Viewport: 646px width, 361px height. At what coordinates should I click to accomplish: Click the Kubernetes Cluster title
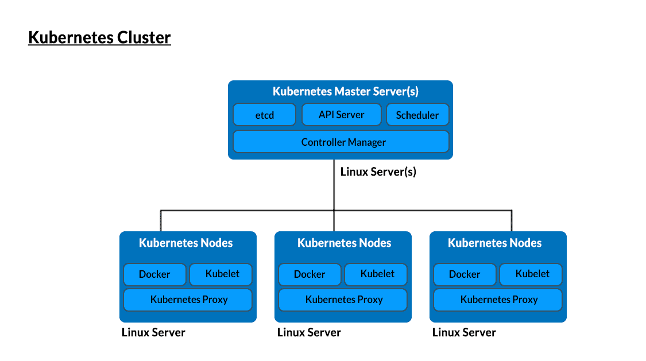coord(99,38)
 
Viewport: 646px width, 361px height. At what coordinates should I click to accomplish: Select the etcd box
coord(264,115)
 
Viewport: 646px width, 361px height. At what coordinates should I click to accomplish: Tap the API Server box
coord(341,115)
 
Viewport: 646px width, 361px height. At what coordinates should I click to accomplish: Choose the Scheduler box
coord(417,115)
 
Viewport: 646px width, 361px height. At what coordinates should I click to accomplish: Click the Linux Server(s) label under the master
coord(378,171)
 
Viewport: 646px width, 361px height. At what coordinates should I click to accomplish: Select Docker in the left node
coord(154,274)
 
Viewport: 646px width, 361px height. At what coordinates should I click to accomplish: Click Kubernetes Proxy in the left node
coord(188,300)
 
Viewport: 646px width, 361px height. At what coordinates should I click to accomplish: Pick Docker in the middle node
coord(310,274)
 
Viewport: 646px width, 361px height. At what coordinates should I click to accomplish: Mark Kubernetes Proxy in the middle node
coord(343,300)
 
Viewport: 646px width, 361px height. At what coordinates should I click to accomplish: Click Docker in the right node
coord(465,274)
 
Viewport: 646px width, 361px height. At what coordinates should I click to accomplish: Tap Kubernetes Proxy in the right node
coord(498,300)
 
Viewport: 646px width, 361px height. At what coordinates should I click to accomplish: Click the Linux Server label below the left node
coord(153,332)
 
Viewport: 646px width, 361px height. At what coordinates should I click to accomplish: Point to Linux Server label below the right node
coord(464,332)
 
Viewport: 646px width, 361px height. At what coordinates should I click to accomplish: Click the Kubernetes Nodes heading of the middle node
coord(344,243)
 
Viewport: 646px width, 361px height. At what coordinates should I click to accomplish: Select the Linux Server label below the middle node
coord(309,332)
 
